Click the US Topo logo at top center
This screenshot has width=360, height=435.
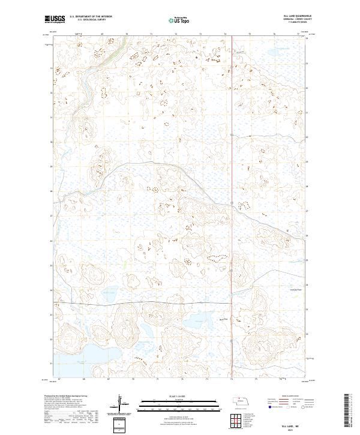179,20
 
